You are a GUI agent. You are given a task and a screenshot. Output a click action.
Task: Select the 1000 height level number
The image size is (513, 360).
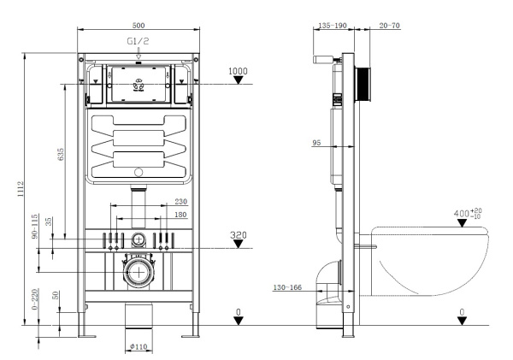(239, 71)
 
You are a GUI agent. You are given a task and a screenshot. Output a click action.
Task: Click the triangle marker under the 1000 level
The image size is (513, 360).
(239, 81)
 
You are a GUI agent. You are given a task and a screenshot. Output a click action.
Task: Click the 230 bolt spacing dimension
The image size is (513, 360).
(181, 202)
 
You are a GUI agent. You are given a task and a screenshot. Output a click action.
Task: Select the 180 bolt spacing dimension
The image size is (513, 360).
(181, 215)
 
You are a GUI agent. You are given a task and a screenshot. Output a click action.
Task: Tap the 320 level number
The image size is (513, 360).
(239, 233)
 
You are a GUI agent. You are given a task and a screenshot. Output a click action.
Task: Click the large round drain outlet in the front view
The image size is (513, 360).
(138, 273)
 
